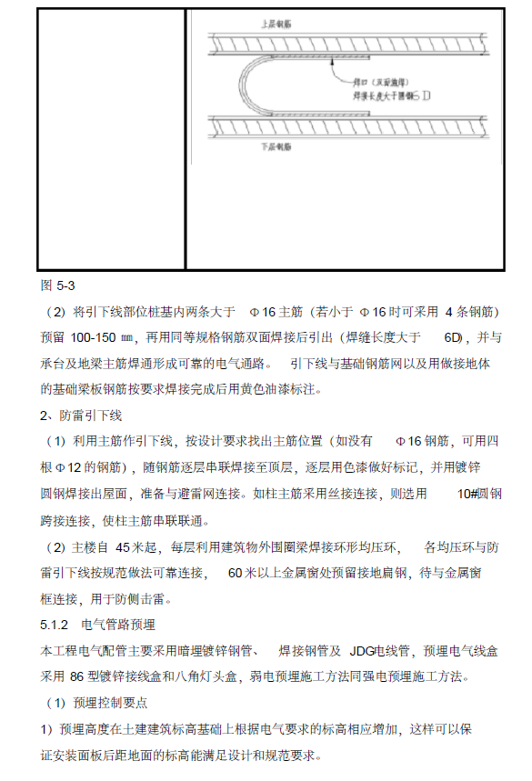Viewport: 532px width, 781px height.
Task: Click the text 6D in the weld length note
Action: [x=453, y=337]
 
